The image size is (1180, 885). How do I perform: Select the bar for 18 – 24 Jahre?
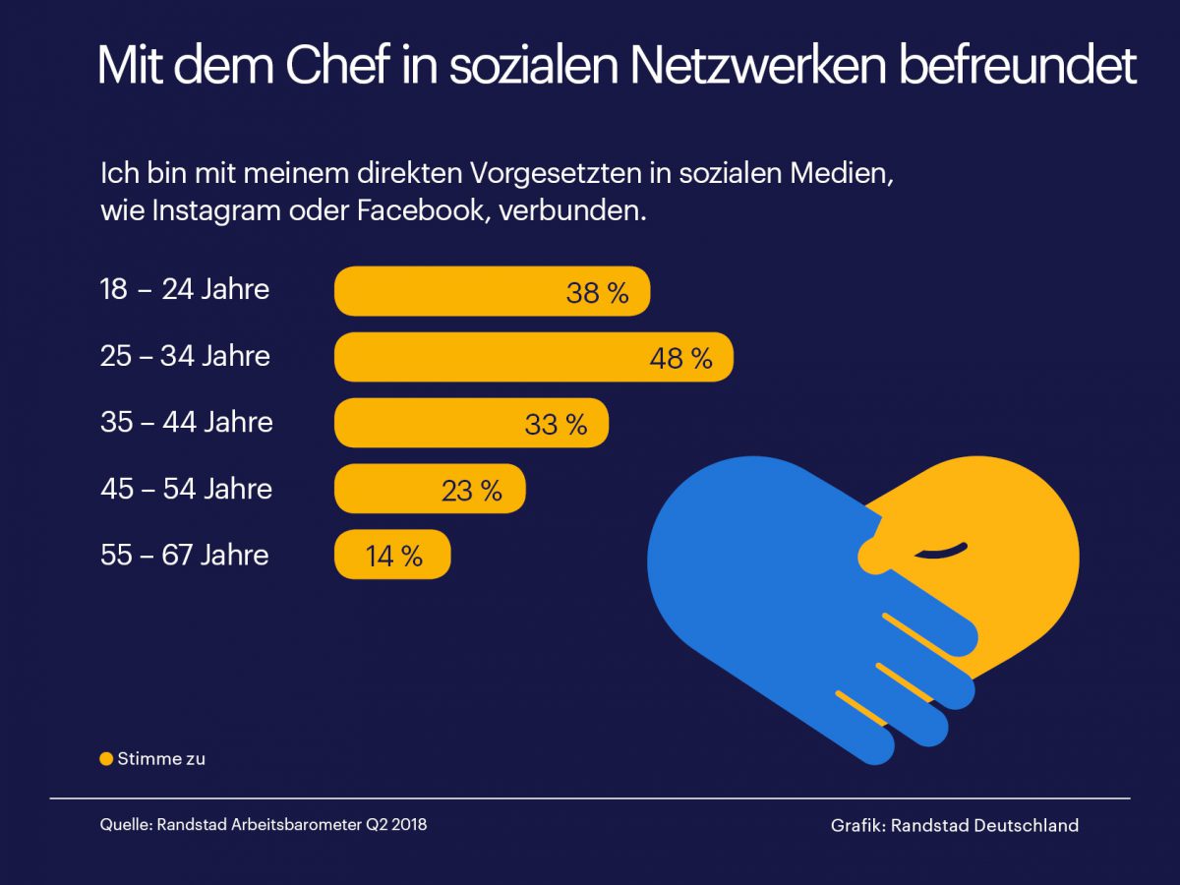(492, 291)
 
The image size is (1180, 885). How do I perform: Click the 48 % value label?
(680, 358)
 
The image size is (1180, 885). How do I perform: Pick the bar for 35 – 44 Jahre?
(471, 424)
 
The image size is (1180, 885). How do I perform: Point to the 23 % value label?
(472, 490)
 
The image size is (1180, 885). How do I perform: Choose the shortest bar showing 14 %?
(392, 556)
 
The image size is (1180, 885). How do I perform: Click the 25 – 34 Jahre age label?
(185, 356)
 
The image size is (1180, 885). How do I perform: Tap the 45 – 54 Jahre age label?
(186, 489)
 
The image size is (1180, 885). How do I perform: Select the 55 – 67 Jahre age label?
(184, 555)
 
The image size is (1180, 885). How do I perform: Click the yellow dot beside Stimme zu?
(106, 759)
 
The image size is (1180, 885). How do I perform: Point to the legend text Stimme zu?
(161, 759)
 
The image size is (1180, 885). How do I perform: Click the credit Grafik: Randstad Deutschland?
(954, 826)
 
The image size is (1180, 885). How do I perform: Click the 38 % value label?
(597, 292)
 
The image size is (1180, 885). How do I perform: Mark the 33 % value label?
(556, 425)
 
